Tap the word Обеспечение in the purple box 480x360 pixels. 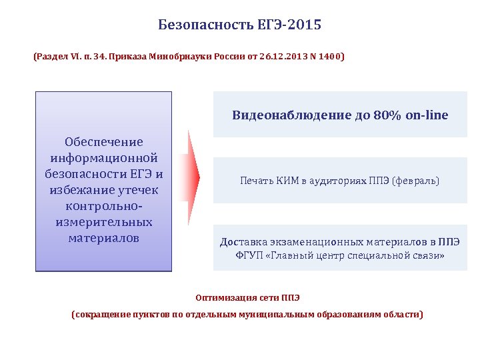click(x=103, y=142)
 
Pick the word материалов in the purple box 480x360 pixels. click(x=103, y=238)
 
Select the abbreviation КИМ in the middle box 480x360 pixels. click(x=283, y=181)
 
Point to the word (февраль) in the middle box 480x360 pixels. click(x=415, y=181)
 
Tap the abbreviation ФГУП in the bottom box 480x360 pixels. click(x=249, y=256)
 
